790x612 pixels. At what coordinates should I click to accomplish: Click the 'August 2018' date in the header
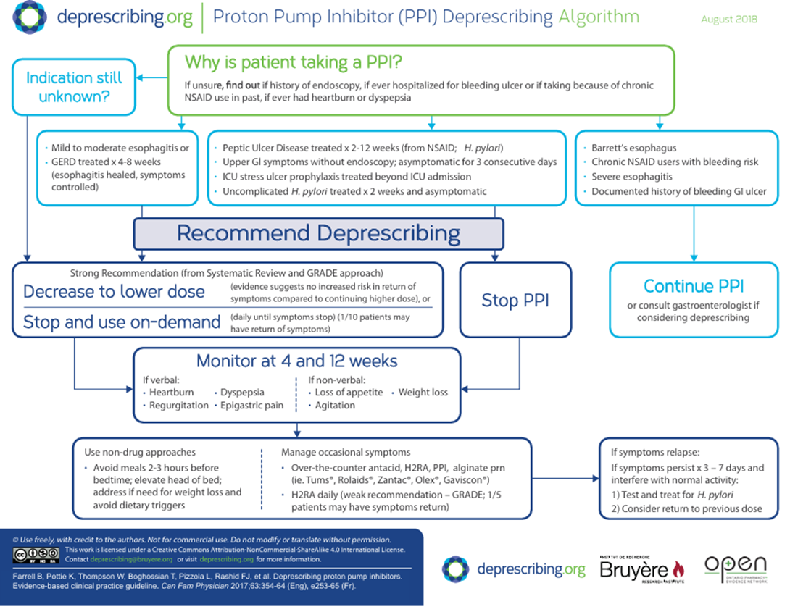click(728, 20)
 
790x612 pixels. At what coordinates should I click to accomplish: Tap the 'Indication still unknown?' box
click(74, 87)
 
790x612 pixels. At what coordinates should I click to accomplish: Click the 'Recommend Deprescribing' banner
click(318, 234)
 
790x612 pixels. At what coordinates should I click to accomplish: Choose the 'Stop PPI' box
click(515, 300)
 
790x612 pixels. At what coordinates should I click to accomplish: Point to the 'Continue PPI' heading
click(694, 286)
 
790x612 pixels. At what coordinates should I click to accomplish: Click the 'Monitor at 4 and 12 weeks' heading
click(297, 361)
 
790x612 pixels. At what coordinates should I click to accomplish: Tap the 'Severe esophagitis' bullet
click(631, 177)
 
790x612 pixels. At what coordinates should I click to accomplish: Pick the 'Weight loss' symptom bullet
click(423, 392)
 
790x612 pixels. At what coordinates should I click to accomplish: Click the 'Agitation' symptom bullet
click(334, 406)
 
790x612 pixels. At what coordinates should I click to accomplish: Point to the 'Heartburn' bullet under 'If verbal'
click(171, 392)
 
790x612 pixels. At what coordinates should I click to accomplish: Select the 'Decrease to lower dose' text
click(114, 292)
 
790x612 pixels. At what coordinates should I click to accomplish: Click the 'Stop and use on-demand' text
click(122, 322)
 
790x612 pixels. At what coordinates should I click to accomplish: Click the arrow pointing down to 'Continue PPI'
click(694, 255)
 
